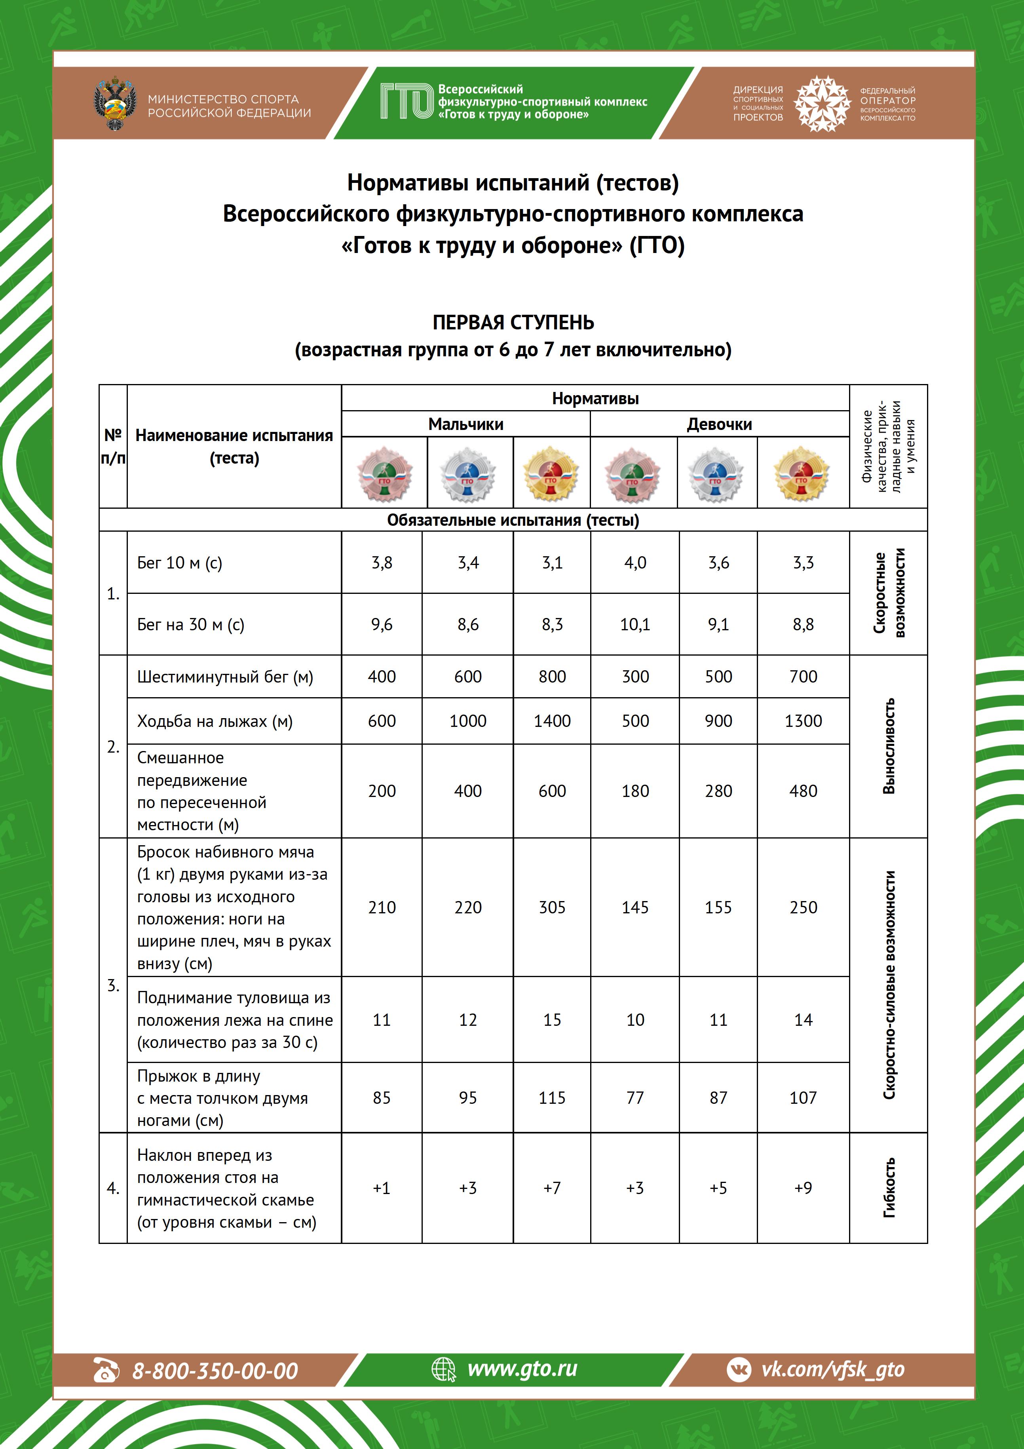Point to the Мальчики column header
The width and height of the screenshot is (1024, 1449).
(465, 424)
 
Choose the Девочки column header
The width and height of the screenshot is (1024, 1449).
(719, 424)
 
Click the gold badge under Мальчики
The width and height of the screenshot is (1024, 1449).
(551, 473)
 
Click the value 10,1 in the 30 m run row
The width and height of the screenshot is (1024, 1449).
(635, 624)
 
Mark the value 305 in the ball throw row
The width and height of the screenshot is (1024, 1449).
(552, 907)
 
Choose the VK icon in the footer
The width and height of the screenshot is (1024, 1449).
(739, 1369)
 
